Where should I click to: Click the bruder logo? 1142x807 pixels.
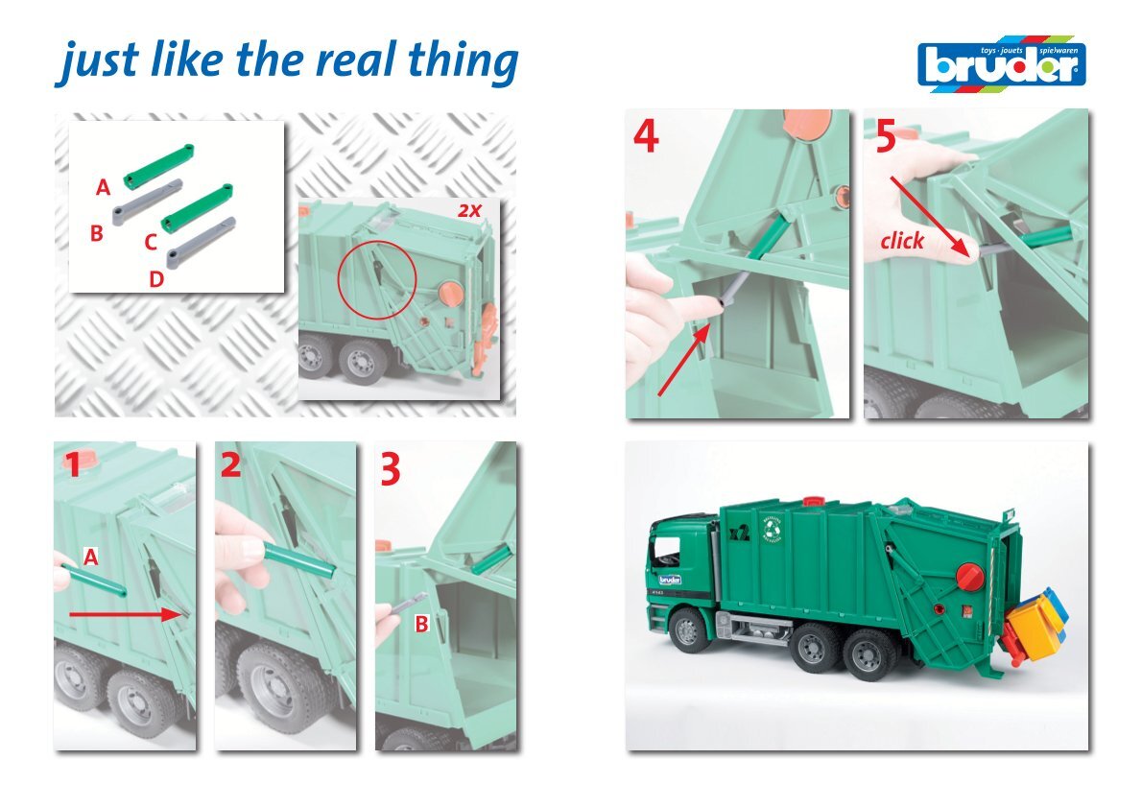[1002, 64]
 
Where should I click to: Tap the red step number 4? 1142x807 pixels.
[646, 135]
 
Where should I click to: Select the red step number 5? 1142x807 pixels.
[886, 136]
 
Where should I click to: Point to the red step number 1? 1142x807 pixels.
[72, 464]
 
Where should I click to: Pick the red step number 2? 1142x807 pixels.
[231, 463]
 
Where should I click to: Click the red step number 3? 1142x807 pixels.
[391, 469]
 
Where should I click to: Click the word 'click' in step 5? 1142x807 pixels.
[902, 240]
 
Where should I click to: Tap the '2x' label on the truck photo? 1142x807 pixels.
[470, 210]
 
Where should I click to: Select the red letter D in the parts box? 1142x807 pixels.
[155, 278]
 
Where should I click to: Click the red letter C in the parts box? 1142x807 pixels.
[151, 242]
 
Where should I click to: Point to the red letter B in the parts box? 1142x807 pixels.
[96, 233]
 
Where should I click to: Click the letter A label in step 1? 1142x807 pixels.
[90, 558]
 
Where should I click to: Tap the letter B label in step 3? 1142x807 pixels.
[421, 624]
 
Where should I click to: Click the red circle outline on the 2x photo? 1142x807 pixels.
[376, 279]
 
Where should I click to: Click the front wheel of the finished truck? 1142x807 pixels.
[689, 630]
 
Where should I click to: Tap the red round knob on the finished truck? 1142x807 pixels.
[969, 577]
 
